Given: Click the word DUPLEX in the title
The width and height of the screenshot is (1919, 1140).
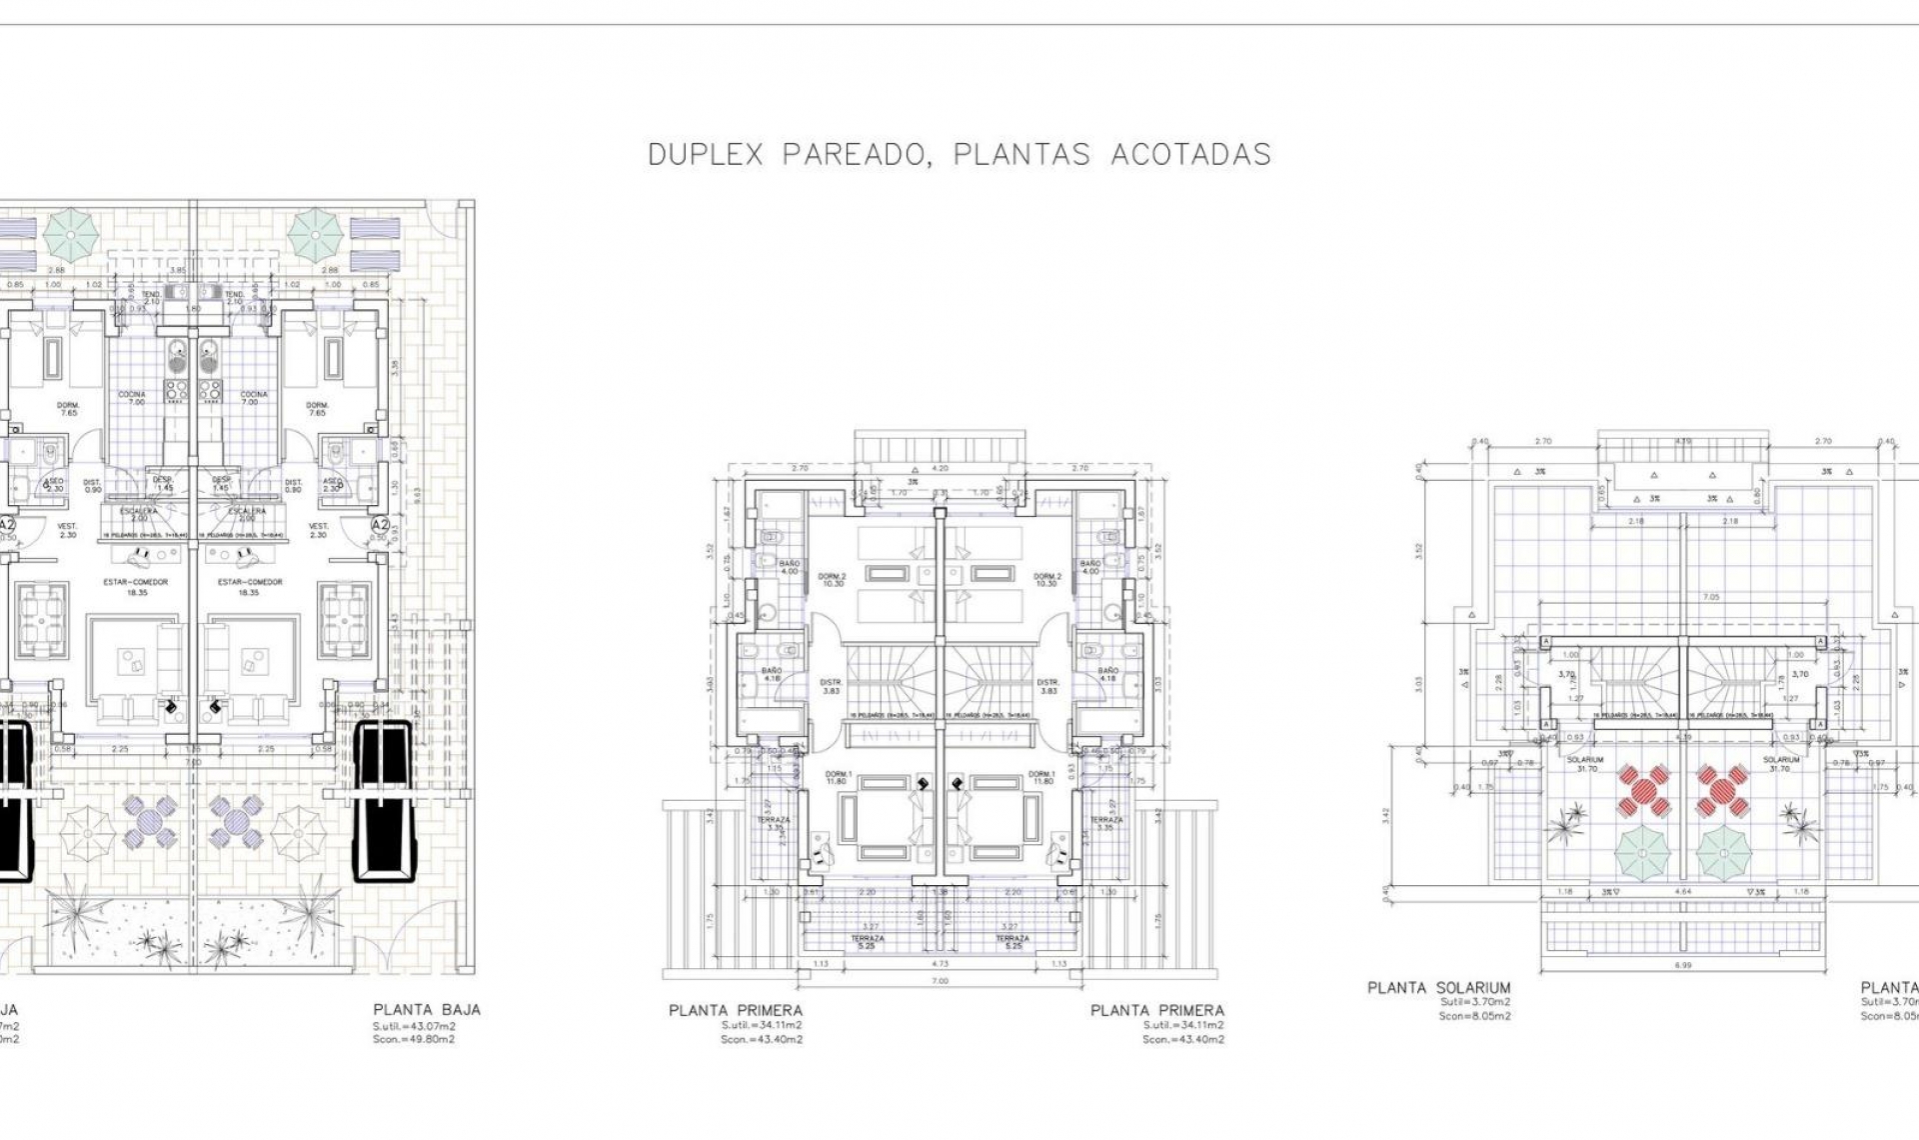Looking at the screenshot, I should [705, 155].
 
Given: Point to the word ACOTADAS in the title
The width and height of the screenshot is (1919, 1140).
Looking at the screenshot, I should [1190, 155].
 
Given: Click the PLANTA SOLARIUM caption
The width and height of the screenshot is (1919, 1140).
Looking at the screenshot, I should [1439, 988].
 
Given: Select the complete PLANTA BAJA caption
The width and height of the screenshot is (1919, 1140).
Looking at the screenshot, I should [427, 1010].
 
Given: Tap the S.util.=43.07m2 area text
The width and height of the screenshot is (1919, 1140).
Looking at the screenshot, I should [414, 1026].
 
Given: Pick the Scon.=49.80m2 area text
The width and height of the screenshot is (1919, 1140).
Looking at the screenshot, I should [414, 1039].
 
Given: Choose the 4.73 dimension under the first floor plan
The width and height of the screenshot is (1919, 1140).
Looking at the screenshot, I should [940, 964].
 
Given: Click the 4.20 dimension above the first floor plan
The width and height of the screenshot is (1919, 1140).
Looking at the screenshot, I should [940, 467].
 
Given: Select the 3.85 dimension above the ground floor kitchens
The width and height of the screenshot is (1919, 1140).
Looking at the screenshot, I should [178, 270].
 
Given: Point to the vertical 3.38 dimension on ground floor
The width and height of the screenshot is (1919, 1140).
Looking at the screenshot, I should [396, 367].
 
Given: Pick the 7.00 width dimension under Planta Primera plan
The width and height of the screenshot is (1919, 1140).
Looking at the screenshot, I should [940, 981].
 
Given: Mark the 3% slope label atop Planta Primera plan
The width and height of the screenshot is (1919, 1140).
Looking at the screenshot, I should [912, 482].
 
